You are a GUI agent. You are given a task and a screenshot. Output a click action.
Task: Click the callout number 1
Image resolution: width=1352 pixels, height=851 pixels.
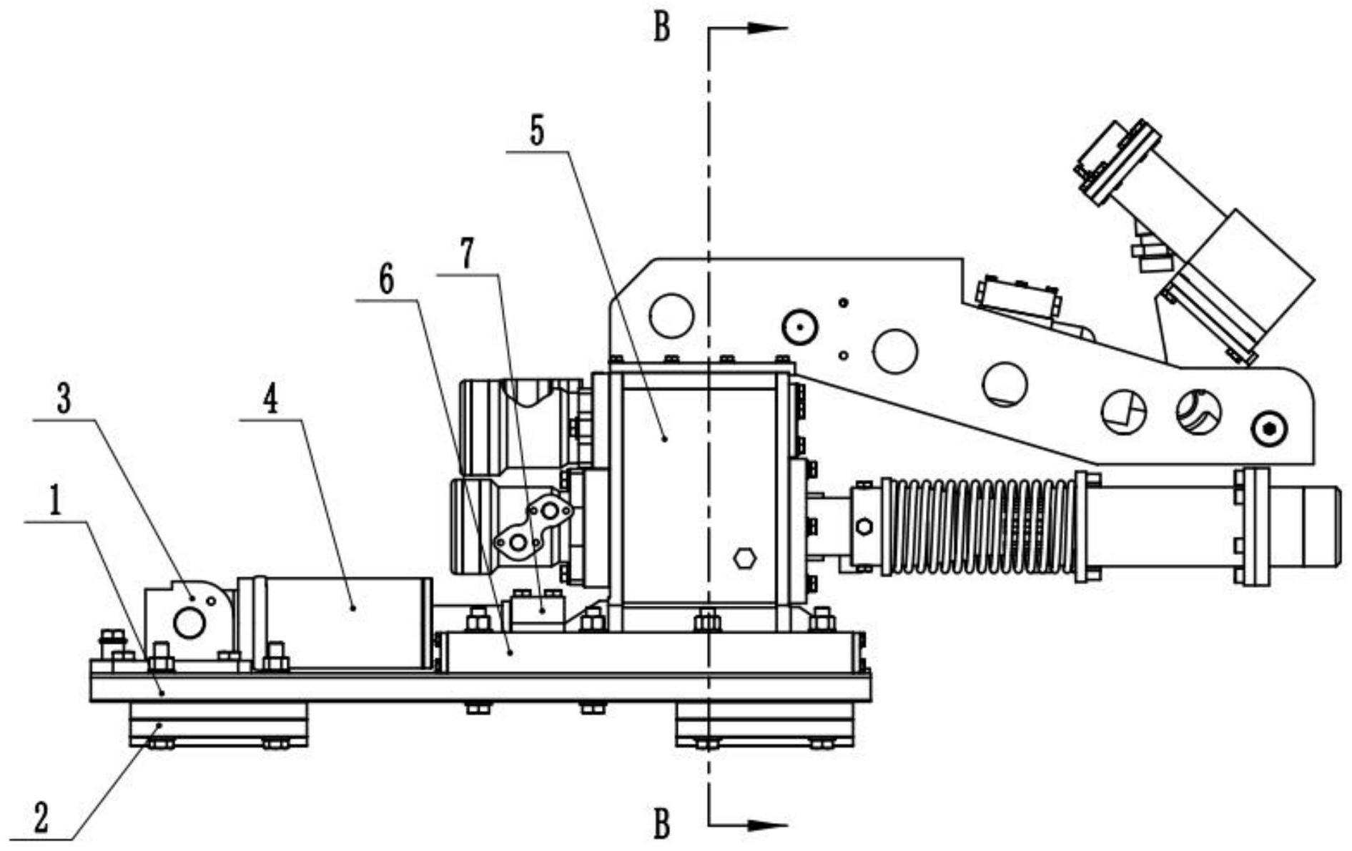[x=54, y=504]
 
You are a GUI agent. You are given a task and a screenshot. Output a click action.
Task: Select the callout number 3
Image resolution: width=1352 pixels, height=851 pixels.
[x=64, y=401]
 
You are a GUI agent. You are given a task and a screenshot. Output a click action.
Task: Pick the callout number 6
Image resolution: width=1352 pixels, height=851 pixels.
[x=386, y=281]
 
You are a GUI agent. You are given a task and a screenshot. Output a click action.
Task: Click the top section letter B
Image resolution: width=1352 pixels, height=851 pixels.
[x=662, y=29]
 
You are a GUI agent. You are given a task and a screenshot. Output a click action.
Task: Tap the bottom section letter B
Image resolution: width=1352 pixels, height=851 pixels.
[x=662, y=825]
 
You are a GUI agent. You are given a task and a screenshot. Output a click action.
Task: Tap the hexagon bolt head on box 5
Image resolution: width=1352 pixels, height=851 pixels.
[x=744, y=558]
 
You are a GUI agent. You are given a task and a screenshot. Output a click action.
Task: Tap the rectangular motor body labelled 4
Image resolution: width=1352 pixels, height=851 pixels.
[x=343, y=622]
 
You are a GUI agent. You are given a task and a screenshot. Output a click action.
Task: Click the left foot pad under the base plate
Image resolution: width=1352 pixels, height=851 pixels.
[x=218, y=724]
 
